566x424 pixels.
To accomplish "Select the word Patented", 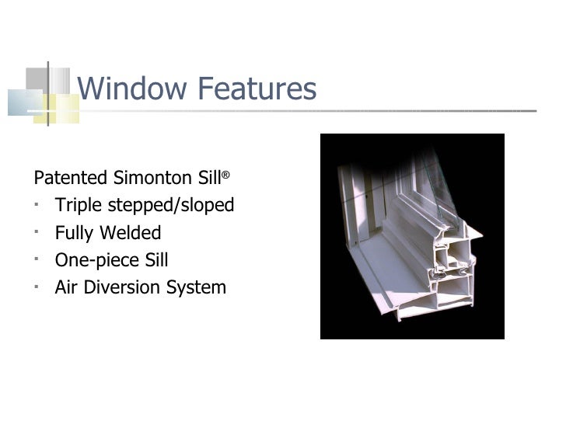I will click(x=71, y=178).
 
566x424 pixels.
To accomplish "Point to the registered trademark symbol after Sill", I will click(x=225, y=175).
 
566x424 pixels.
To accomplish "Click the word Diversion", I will click(x=121, y=288).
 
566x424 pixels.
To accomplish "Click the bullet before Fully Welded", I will click(x=38, y=232).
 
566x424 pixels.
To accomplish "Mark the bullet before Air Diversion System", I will click(x=38, y=287).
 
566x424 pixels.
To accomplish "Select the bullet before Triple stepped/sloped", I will click(x=38, y=204).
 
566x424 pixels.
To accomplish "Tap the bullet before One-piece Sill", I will click(x=38, y=259).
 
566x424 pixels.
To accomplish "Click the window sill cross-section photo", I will click(x=412, y=237).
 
